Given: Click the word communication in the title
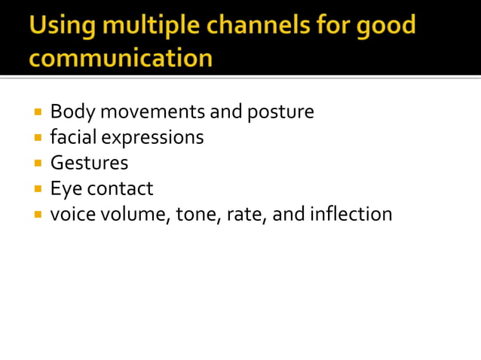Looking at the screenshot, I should (x=120, y=57).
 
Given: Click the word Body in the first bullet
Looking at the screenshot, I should (x=72, y=112).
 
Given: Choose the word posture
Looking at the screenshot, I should (x=280, y=113).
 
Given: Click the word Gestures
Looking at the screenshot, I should (x=89, y=163).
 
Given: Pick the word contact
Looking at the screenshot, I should (x=120, y=188).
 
